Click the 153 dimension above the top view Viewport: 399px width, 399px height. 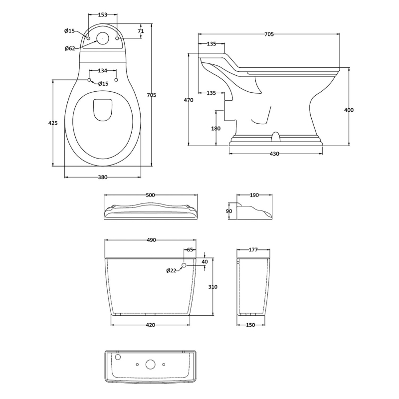102,15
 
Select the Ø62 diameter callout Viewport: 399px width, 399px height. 70,48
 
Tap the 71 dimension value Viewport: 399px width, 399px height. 141,31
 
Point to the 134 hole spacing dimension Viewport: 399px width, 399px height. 103,70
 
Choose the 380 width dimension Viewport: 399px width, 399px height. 103,177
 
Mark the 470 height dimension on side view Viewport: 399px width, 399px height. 188,100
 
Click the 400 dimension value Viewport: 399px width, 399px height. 349,110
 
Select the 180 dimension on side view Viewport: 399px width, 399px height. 215,129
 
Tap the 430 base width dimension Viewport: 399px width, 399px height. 274,154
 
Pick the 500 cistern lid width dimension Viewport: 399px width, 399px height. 150,196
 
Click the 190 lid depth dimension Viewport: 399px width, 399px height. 254,196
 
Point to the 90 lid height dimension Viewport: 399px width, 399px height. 229,211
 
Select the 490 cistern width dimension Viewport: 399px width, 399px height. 150,240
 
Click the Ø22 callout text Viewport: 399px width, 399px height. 171,271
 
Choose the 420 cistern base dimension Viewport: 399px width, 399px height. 150,325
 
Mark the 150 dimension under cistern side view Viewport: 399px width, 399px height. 250,325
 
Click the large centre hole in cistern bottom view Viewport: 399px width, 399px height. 150,365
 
